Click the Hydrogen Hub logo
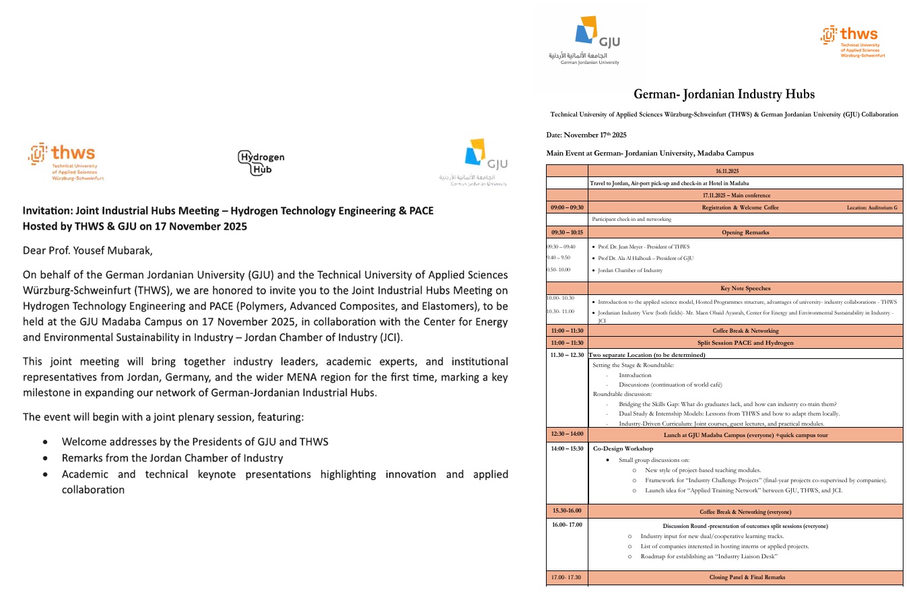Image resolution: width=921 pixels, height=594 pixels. point(261,162)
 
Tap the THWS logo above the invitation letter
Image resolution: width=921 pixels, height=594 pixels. point(66,162)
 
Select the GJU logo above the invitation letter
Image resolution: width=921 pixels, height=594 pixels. point(481,162)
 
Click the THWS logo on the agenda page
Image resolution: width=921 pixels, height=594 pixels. point(852,42)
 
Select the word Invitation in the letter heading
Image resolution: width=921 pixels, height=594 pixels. point(50,211)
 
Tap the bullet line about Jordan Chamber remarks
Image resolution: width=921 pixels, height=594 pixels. point(172,458)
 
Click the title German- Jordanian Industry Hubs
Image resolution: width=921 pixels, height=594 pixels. point(724,94)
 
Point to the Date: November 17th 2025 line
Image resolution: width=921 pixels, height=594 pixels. point(586,135)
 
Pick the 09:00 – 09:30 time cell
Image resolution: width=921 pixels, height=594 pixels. point(567,207)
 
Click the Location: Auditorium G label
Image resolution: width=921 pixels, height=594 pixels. point(872,207)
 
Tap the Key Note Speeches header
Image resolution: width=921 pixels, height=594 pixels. point(745,288)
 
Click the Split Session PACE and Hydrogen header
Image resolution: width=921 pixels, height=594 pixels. point(745,343)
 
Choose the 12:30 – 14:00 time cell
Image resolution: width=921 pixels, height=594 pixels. point(567,434)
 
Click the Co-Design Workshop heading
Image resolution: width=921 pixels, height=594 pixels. point(623,448)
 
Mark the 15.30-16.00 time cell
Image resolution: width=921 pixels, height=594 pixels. point(567,511)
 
